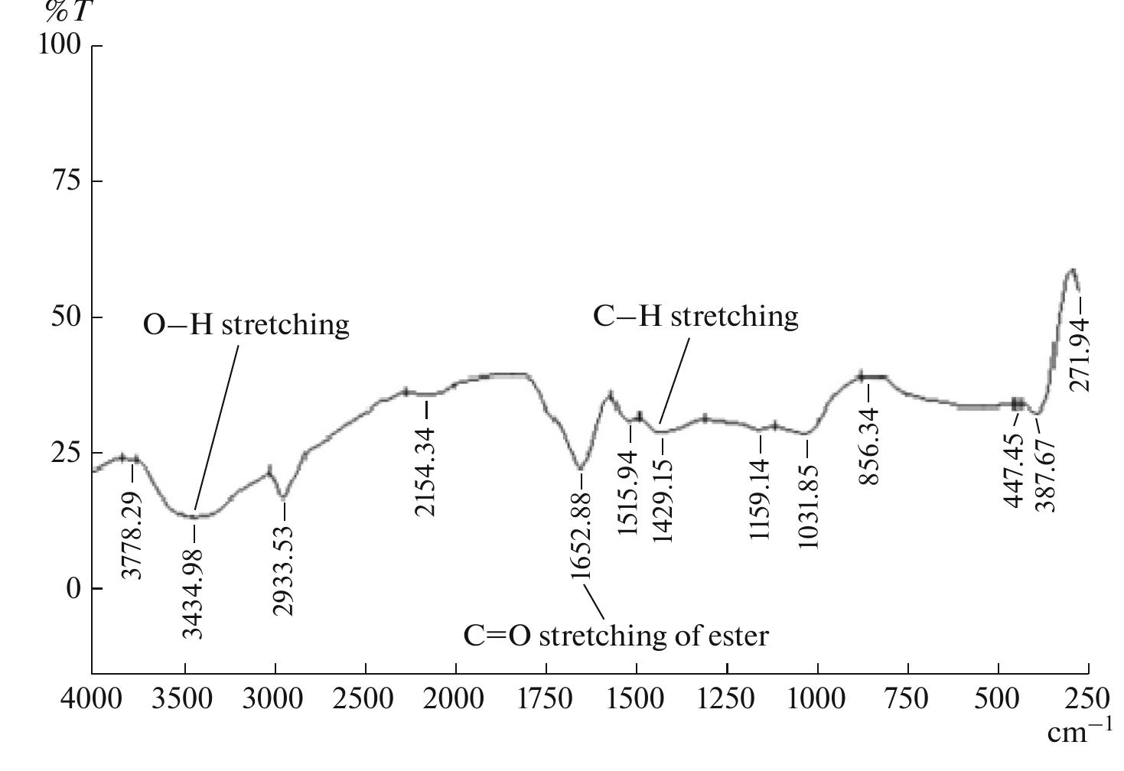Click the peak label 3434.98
[x=194, y=594]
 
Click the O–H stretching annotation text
[x=246, y=325]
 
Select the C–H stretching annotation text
[x=696, y=316]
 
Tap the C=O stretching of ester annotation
[x=616, y=636]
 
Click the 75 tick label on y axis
[x=66, y=181]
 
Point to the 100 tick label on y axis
[x=59, y=45]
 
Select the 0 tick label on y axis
[x=73, y=589]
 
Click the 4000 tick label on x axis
[x=92, y=699]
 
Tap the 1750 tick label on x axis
[x=546, y=699]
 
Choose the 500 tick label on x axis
[x=998, y=699]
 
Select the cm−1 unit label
[x=1079, y=733]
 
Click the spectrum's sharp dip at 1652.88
[x=581, y=468]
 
